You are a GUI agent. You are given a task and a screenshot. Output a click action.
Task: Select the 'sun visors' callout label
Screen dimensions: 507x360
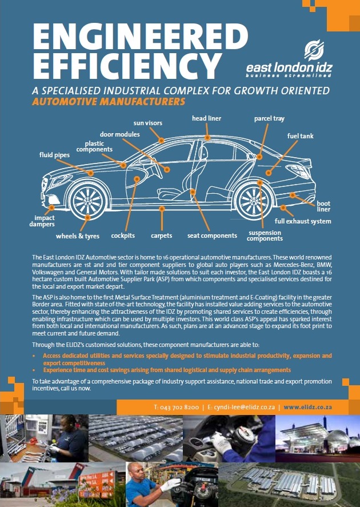point(148,123)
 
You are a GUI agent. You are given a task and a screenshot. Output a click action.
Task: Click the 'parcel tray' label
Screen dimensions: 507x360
point(269,119)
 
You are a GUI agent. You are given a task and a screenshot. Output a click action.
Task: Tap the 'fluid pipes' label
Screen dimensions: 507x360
point(54,154)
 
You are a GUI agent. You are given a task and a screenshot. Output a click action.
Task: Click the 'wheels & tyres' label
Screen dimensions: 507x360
point(77,236)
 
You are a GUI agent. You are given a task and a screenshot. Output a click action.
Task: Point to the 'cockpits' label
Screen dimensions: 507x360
point(123,235)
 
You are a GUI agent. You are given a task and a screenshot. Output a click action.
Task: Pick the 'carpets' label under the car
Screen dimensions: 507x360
point(162,235)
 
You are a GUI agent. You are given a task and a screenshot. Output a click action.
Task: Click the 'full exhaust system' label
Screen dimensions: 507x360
point(302,221)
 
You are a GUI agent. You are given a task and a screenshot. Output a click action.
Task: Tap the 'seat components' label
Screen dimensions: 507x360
point(212,235)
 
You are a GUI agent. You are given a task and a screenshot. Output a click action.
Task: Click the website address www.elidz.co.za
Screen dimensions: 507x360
point(308,407)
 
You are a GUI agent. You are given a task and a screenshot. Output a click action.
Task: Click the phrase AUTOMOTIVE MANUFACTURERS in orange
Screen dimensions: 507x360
point(109,102)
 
